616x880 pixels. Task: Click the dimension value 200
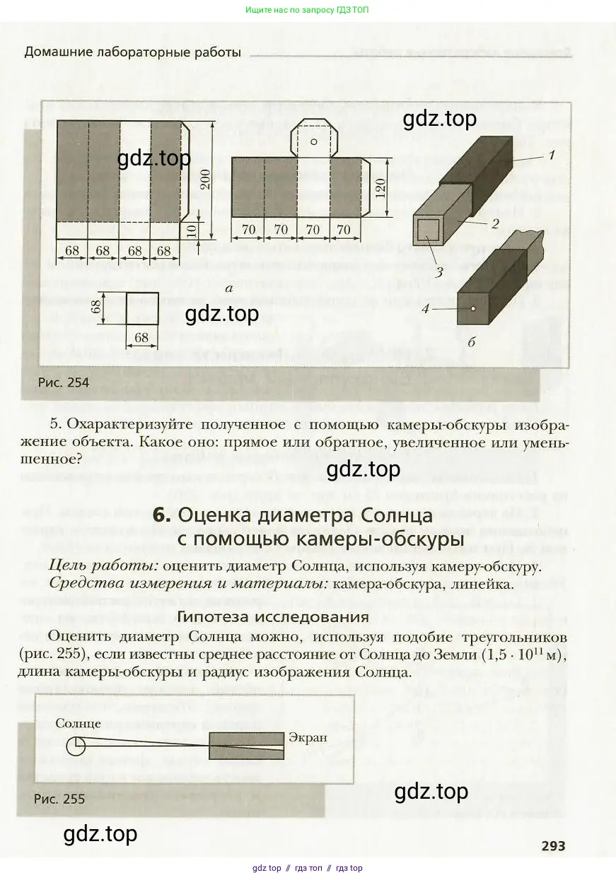tap(207, 180)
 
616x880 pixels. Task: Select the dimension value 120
tap(380, 188)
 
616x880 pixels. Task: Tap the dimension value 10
tap(192, 230)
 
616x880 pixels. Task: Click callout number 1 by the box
tap(552, 156)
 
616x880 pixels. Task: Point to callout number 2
tap(495, 223)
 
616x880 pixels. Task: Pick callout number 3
tap(439, 271)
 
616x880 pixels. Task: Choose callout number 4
tap(426, 309)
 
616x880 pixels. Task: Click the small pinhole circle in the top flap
tap(313, 142)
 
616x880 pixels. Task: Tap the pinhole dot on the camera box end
tap(473, 308)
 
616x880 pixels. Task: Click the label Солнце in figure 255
tap(79, 723)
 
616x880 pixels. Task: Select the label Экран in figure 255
tap(308, 737)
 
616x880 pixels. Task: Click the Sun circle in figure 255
tap(76, 745)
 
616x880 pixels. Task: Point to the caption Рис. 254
tap(64, 382)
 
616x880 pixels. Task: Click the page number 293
tap(554, 845)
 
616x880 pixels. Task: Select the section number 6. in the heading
tap(161, 515)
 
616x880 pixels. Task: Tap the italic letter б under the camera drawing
tap(471, 342)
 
